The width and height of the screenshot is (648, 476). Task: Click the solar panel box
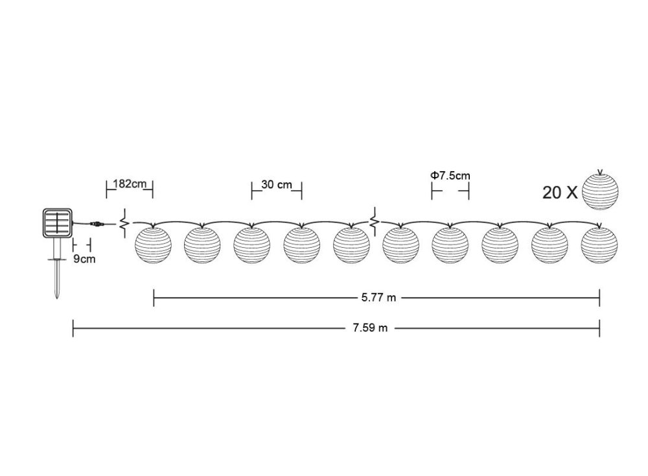point(58,223)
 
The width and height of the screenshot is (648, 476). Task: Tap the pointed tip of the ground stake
point(57,298)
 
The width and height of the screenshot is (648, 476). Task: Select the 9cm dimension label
point(84,259)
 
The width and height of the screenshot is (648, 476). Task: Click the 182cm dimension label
point(130,184)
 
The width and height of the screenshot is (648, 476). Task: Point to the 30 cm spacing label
point(277,184)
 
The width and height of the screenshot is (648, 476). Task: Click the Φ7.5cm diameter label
point(450,175)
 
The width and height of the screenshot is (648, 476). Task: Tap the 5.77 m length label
point(378,298)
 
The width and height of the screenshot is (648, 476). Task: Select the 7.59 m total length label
point(370,328)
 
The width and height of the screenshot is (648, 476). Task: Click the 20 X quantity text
point(560,193)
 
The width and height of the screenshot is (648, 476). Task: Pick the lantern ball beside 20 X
point(600,191)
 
